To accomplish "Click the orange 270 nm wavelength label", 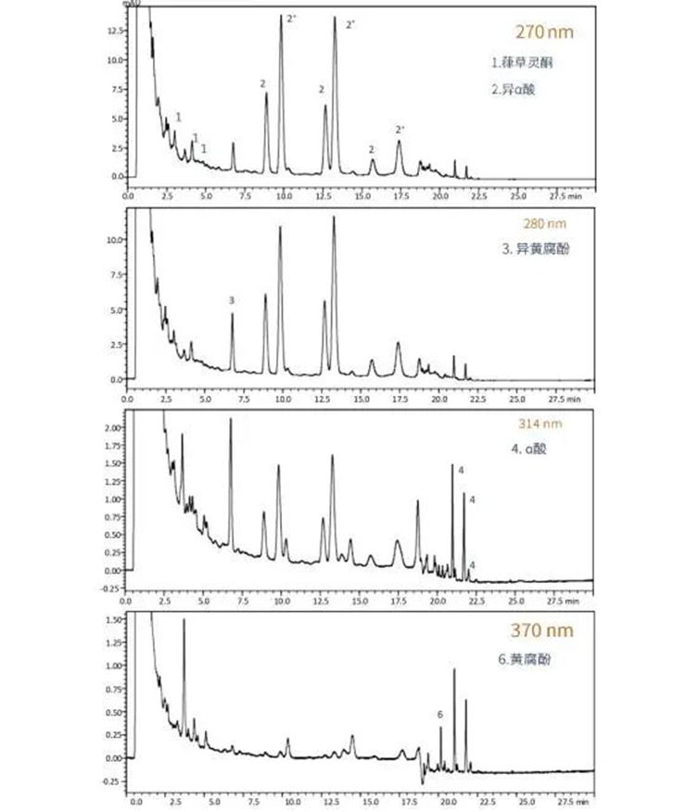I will [544, 32].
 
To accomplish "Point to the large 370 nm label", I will [542, 631].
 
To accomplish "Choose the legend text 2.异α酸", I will [512, 90].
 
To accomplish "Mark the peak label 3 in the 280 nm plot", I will [232, 300].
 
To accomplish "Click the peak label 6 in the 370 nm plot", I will [440, 715].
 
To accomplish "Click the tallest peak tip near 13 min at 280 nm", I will [334, 218].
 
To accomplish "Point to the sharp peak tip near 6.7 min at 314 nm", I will [231, 419].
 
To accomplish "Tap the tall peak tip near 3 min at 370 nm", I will [184, 619].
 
